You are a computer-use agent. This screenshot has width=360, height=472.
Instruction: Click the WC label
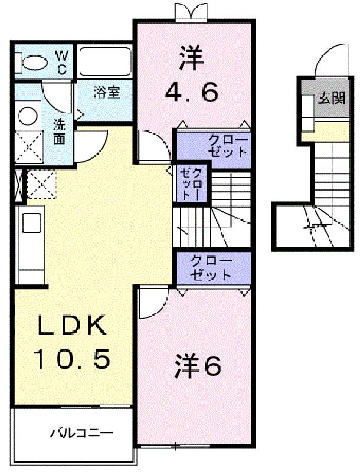pyautogui.click(x=62, y=62)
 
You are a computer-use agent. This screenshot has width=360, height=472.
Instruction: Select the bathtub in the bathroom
pyautogui.click(x=105, y=63)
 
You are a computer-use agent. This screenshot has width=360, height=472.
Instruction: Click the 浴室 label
pyautogui.click(x=107, y=92)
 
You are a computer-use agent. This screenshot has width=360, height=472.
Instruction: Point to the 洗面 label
pyautogui.click(x=59, y=132)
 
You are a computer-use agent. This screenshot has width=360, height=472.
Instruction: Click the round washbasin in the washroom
pyautogui.click(x=28, y=116)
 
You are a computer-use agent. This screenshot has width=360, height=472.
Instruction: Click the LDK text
pyautogui.click(x=72, y=326)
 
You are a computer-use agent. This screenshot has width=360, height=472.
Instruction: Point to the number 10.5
pyautogui.click(x=72, y=360)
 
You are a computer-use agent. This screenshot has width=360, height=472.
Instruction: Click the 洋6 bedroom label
pyautogui.click(x=198, y=366)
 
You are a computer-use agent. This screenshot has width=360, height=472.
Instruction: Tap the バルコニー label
pyautogui.click(x=81, y=433)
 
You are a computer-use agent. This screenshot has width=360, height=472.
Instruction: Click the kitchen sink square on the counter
pyautogui.click(x=32, y=223)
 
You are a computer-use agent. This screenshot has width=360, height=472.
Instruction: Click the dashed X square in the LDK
pyautogui.click(x=41, y=183)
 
